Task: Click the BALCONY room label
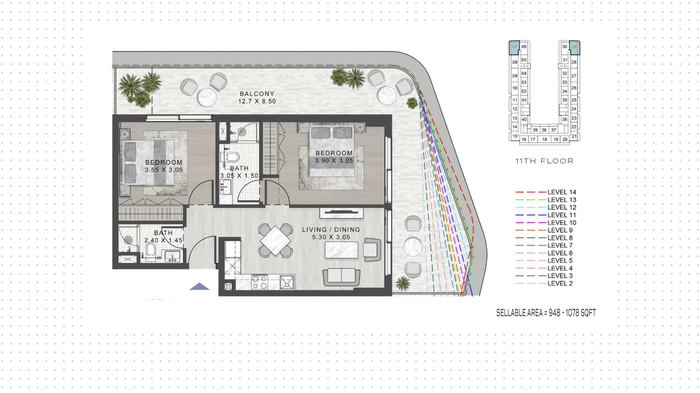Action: pos(257,94)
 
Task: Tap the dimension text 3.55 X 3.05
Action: pos(164,170)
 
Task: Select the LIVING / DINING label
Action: pos(331,230)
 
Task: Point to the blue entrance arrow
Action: pos(199,287)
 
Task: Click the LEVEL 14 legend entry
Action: pos(546,192)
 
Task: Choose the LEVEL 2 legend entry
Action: pos(544,283)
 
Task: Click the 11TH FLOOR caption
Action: pos(544,161)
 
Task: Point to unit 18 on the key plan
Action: pos(545,139)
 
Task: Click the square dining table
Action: pos(275,241)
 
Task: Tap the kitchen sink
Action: pos(287,282)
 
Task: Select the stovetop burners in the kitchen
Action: pos(259,282)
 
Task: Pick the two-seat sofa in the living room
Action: pos(341,277)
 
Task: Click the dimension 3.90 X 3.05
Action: pos(334,160)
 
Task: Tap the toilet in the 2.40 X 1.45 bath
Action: pos(151,251)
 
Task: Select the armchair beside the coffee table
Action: pos(372,249)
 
